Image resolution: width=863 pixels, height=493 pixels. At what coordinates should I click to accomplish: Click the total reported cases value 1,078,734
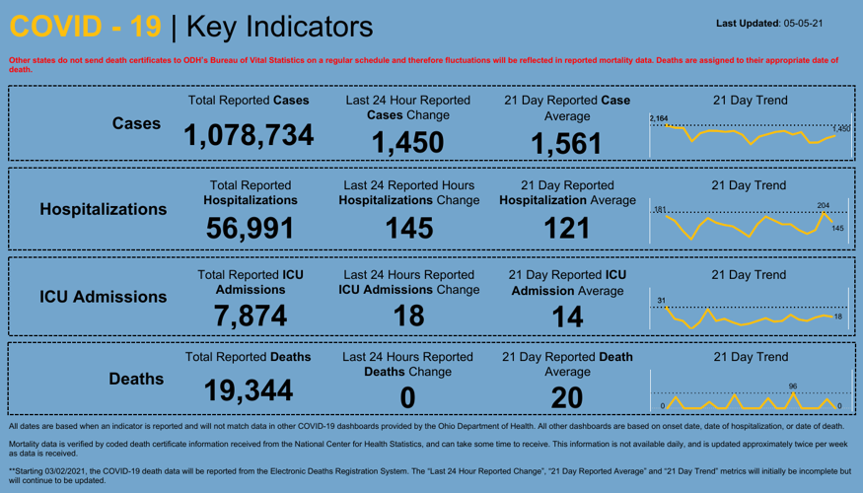tap(249, 135)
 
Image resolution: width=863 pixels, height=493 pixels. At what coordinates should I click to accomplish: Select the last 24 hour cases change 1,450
tap(407, 144)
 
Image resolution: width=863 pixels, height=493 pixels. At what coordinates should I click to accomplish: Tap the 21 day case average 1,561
tap(565, 144)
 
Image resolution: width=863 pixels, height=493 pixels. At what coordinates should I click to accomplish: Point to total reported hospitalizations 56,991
tap(249, 228)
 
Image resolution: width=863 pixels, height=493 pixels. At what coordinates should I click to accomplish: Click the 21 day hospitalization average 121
tap(565, 229)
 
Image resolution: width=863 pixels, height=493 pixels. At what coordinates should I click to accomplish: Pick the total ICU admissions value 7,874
tap(249, 315)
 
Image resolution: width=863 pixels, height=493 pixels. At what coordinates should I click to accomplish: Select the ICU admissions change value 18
tap(407, 316)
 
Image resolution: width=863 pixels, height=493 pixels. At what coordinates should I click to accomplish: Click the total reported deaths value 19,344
tap(249, 392)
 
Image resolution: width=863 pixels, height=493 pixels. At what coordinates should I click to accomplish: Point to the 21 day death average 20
tap(566, 396)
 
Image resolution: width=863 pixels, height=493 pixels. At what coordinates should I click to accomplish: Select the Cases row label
tap(136, 123)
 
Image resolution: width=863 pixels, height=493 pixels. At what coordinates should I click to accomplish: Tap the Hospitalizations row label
tap(103, 209)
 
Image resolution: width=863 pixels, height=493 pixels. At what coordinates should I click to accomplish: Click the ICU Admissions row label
tap(103, 296)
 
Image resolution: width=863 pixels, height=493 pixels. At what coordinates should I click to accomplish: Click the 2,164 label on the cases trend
tap(658, 118)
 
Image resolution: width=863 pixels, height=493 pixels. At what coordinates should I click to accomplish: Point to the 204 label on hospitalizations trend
tap(824, 205)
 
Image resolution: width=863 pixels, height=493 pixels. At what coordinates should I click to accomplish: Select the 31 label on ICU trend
tap(662, 300)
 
